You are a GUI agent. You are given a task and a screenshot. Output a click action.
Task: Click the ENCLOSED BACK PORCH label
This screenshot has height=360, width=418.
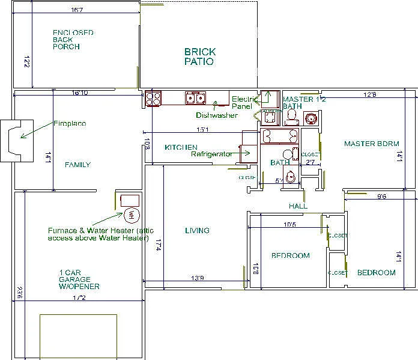(73, 39)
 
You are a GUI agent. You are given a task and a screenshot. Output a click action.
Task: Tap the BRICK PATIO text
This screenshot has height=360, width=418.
(199, 56)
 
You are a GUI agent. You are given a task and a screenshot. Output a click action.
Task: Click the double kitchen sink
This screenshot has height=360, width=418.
(195, 98)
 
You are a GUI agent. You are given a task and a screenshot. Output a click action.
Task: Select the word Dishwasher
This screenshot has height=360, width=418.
(216, 115)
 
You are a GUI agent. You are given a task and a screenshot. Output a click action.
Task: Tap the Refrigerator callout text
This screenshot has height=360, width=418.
(211, 154)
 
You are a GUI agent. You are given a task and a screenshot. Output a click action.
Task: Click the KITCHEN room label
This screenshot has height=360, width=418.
(181, 147)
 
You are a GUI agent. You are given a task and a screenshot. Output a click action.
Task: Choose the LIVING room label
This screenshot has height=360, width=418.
(197, 230)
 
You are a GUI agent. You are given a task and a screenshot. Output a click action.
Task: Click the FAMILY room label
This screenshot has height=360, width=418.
(77, 165)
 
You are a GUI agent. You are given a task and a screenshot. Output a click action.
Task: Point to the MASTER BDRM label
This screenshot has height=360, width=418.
(367, 144)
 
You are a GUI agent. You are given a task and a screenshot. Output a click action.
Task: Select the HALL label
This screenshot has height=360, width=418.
(298, 206)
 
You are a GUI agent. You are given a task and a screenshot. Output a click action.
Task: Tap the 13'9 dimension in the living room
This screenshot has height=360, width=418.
(198, 278)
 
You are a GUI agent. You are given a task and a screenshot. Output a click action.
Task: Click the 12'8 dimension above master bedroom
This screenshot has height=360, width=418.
(370, 94)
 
